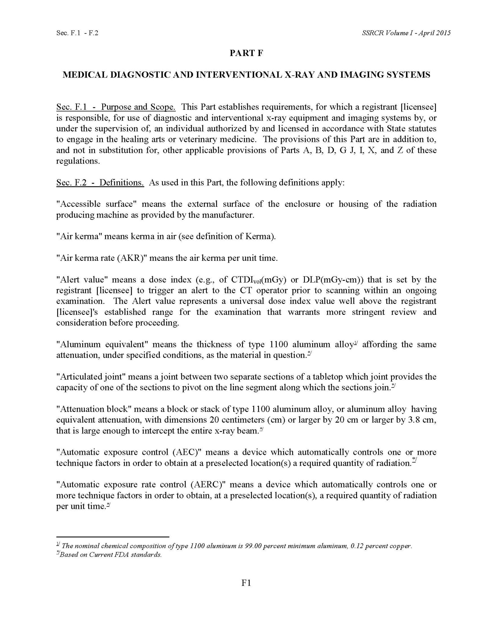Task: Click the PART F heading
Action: point(246,53)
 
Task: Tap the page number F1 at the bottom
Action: point(246,583)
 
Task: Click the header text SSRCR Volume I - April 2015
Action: point(406,33)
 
